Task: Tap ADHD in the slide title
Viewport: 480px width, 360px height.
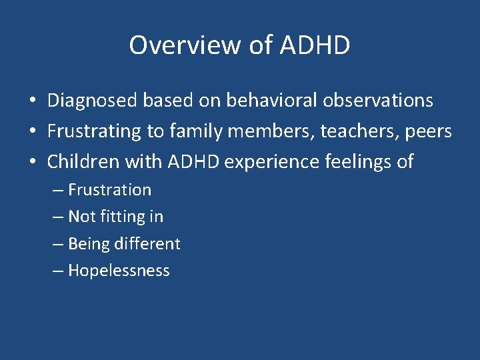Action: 315,45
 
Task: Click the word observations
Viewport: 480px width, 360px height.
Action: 378,101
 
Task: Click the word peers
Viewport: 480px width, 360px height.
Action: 428,131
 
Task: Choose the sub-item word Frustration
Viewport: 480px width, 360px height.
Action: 109,190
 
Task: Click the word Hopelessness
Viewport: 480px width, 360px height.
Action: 119,271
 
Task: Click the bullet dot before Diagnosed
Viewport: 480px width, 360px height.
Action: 32,101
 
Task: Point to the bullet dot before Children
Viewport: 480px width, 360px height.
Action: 32,162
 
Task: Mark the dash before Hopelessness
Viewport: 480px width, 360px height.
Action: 58,271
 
